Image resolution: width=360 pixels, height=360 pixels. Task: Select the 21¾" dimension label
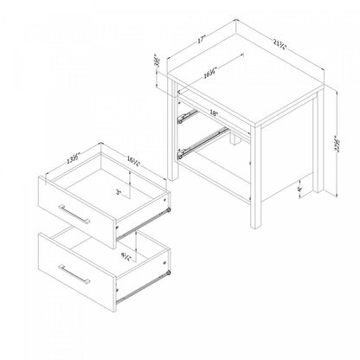point(280,41)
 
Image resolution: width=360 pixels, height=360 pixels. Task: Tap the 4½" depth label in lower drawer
point(125,255)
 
